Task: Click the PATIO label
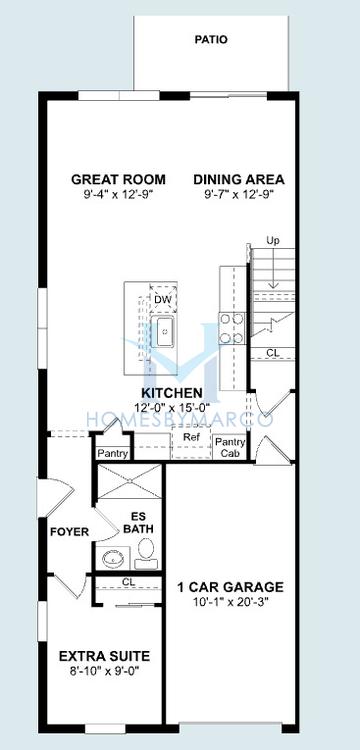pos(211,40)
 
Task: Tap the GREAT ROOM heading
pos(119,180)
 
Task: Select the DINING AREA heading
pos(239,180)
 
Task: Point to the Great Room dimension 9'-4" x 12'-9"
pos(119,194)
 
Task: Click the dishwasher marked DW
pos(163,299)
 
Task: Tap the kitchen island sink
pos(164,331)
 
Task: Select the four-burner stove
pos(231,328)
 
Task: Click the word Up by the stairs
pos(273,240)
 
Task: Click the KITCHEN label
pos(172,393)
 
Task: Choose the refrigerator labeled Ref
pos(190,442)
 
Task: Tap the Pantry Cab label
pos(230,448)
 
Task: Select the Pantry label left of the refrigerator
pos(112,453)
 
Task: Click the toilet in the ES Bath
pos(146,554)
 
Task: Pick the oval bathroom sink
pos(113,558)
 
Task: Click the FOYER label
pos(69,532)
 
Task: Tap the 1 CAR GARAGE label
pos(230,586)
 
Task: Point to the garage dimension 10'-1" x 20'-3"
pos(230,601)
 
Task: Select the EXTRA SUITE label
pos(104,656)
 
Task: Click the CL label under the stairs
pos(273,353)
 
